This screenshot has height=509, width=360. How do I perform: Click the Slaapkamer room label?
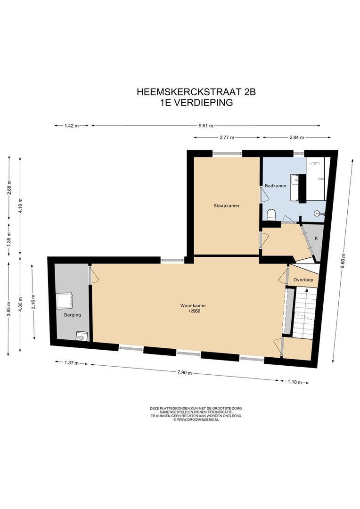224,205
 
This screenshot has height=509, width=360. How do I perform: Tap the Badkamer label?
276,186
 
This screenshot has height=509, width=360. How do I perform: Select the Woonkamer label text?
193,306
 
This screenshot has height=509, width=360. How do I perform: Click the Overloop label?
303,280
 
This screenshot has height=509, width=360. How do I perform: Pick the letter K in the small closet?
316,238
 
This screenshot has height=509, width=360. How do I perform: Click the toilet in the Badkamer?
271,215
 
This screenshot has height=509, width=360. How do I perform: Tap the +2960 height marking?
194,312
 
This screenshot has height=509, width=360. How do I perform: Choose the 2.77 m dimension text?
227,137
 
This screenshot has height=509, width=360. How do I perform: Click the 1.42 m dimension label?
71,126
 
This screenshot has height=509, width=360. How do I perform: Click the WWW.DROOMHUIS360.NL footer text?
197,419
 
